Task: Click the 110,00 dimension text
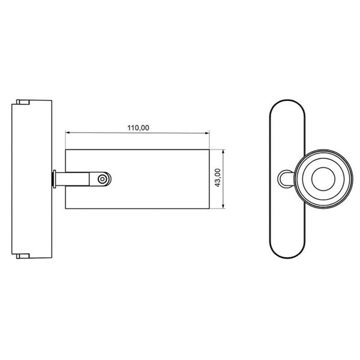(x=138, y=127)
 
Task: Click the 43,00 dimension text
(x=218, y=179)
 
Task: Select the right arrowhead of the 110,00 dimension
(x=207, y=133)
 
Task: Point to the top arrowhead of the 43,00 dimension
(x=224, y=151)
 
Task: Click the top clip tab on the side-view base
(x=22, y=101)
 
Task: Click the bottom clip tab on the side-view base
(x=22, y=256)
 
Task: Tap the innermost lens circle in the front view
(x=322, y=179)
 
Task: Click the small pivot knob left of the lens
(x=284, y=179)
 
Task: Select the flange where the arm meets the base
(x=55, y=179)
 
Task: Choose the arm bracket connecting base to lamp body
(x=78, y=179)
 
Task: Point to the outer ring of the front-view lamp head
(x=322, y=154)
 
